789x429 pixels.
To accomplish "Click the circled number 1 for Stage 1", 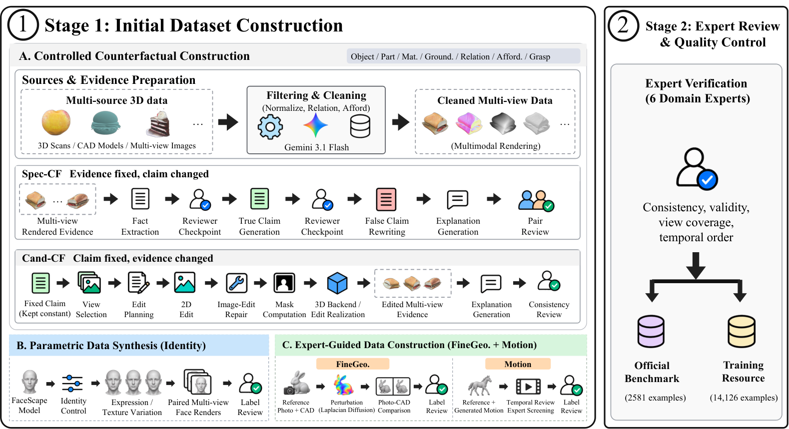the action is (x=23, y=25).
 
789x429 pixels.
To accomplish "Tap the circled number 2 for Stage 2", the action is (x=623, y=25).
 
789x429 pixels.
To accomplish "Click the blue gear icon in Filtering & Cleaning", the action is (x=270, y=127).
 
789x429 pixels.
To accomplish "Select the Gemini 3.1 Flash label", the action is (x=317, y=147).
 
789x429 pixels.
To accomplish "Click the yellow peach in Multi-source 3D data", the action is (x=56, y=122).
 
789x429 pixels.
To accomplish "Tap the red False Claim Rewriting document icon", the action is (x=386, y=199).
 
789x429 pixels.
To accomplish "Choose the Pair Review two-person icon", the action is (x=536, y=201).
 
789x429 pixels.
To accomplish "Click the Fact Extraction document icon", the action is (x=140, y=199).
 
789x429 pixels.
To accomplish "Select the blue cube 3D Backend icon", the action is (x=337, y=283).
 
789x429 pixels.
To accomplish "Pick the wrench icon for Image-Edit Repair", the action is (x=236, y=283).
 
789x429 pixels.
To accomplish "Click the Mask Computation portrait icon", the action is (x=284, y=283).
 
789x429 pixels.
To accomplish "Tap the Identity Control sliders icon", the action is (x=72, y=383).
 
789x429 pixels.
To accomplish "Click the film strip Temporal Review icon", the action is (x=528, y=387).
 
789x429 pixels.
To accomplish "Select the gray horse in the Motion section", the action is (x=480, y=386).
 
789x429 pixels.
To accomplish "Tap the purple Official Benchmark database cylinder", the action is (x=651, y=332).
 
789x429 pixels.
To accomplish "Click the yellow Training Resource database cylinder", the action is (x=742, y=332).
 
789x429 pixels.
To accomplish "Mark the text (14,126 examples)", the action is (x=744, y=398).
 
